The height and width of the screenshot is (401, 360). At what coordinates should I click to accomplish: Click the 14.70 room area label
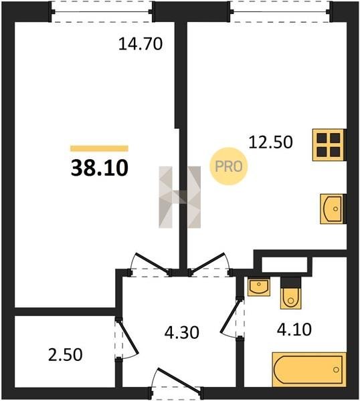141,44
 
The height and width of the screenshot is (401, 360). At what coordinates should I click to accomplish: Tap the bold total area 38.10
99,168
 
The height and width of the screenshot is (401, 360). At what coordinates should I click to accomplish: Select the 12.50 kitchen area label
270,142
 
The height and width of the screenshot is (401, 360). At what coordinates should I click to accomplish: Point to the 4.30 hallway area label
181,333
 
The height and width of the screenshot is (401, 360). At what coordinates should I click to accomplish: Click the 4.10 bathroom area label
294,329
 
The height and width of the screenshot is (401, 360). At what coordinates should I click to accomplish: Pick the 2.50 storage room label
66,355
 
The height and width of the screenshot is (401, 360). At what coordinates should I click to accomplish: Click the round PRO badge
229,166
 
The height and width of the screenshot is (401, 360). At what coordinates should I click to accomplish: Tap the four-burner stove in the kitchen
329,145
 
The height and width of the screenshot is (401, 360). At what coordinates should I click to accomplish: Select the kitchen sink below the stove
333,209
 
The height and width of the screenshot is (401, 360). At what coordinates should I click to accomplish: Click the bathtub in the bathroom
309,370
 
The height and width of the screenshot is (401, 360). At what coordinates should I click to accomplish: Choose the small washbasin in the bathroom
259,287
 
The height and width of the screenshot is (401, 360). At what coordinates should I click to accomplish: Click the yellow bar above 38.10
99,148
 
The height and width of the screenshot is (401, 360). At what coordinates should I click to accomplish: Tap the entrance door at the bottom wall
179,379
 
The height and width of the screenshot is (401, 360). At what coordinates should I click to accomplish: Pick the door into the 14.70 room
153,263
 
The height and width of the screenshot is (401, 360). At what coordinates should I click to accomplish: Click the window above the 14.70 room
102,12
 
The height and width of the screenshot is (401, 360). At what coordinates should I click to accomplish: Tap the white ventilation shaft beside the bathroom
284,265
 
